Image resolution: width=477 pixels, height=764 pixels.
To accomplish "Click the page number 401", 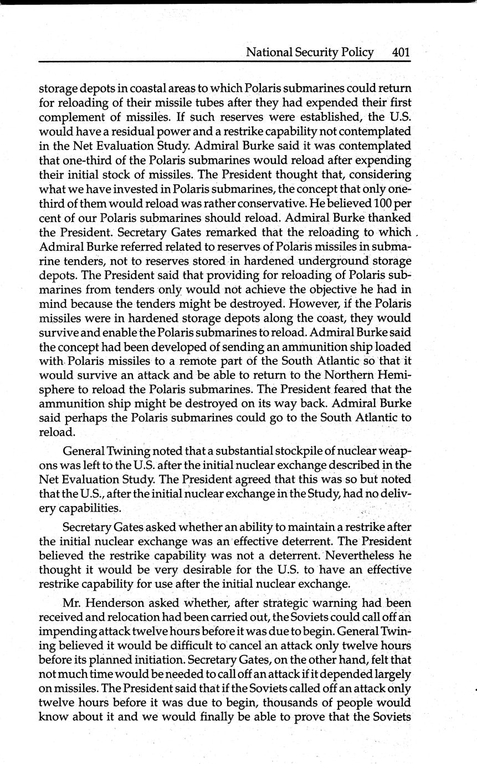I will (400, 53).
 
